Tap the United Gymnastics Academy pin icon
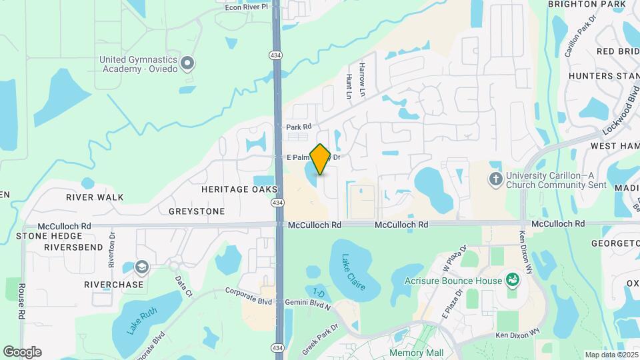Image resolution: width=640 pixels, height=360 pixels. pos(187,64)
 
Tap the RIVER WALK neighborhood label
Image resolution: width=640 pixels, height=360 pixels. pos(95,197)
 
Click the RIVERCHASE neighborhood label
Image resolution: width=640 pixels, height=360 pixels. pos(114,284)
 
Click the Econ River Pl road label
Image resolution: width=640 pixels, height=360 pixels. pos(246,7)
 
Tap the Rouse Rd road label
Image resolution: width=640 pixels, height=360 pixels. pos(22,301)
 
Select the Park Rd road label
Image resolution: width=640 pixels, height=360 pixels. pos(299,127)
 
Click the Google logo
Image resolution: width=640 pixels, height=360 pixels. pos(22,352)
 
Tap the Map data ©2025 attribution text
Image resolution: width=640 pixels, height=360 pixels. pos(611,355)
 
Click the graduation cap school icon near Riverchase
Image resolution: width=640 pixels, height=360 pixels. pos(141,267)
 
